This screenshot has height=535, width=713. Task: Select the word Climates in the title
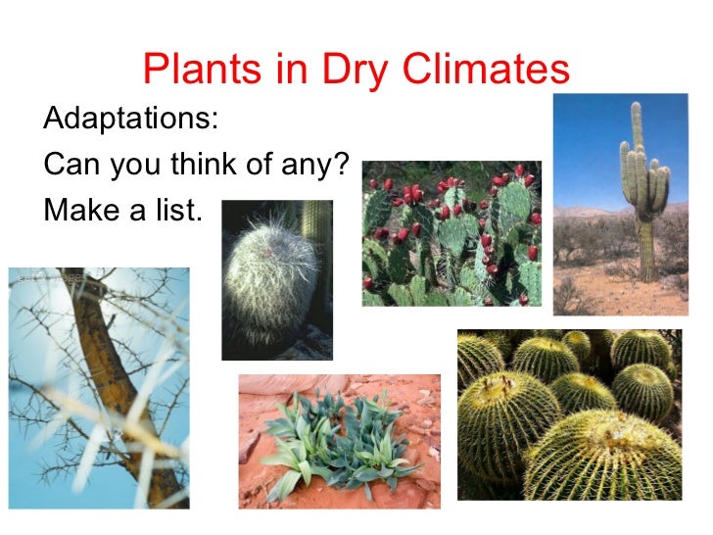488,70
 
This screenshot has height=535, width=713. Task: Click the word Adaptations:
131,121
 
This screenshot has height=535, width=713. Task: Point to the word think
205,165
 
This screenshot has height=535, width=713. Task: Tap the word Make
85,209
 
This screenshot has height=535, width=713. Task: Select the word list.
174,209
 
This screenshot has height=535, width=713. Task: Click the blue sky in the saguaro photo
588,147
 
